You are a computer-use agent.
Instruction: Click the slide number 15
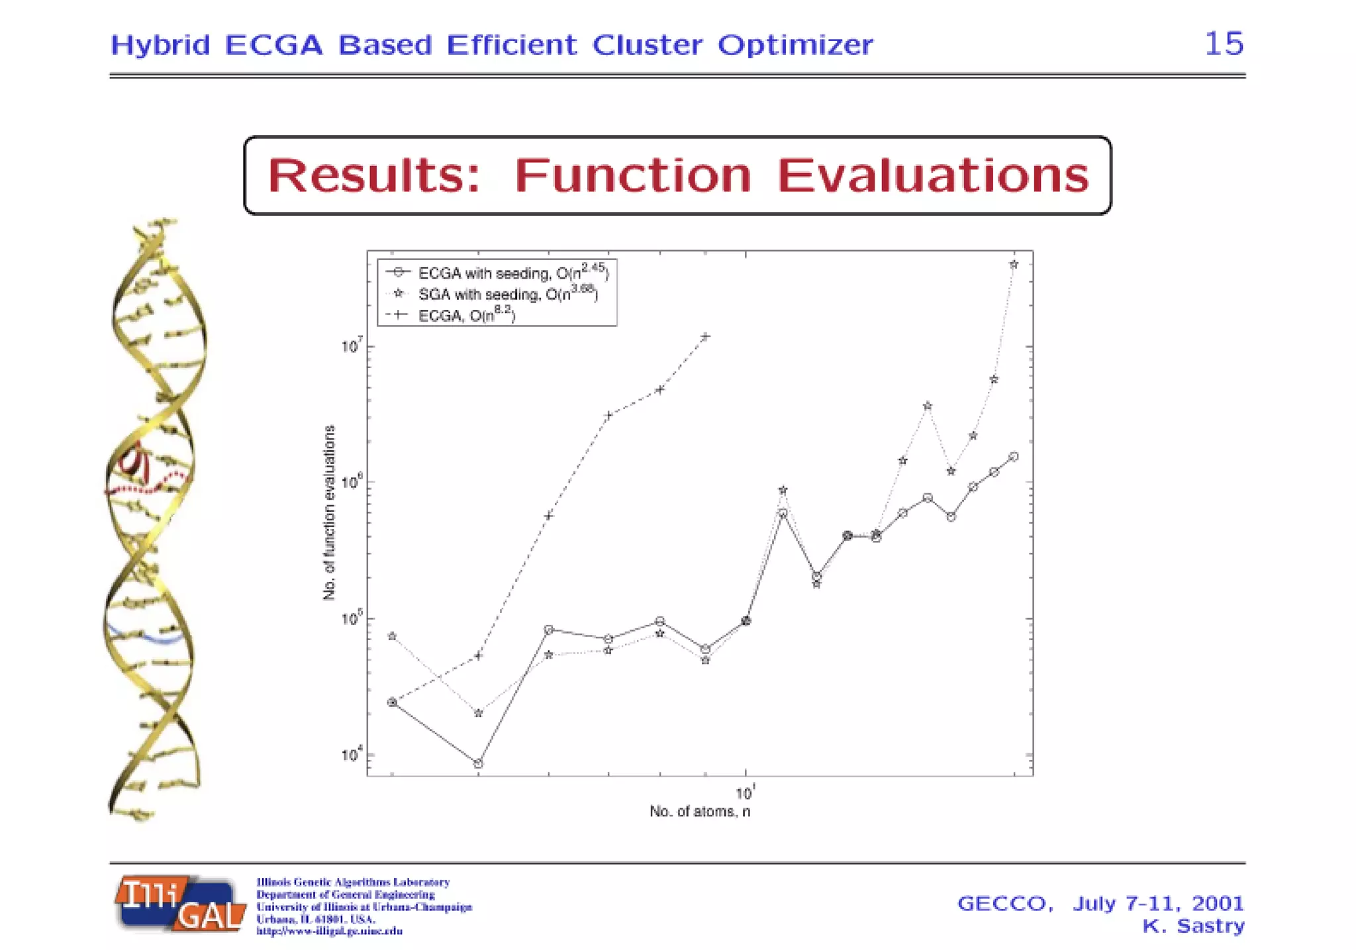click(1224, 44)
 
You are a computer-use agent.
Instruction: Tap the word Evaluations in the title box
click(932, 176)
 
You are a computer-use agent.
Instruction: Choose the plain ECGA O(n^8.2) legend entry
click(457, 315)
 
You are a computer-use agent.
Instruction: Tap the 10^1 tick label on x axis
click(746, 792)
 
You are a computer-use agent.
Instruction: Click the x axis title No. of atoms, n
click(699, 812)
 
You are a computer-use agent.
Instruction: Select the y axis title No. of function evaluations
click(329, 513)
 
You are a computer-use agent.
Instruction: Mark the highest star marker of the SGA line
click(1014, 265)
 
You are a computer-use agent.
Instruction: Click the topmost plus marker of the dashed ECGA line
click(706, 336)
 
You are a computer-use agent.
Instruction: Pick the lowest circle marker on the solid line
click(479, 763)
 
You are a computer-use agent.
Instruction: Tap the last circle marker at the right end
click(1014, 457)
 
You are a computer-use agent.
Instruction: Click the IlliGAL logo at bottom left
click(180, 904)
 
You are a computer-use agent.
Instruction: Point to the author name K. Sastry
click(1193, 926)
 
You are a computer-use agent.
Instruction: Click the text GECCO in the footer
click(1004, 904)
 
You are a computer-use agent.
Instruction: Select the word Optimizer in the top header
click(795, 45)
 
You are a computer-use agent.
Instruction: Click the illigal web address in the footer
click(329, 931)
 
